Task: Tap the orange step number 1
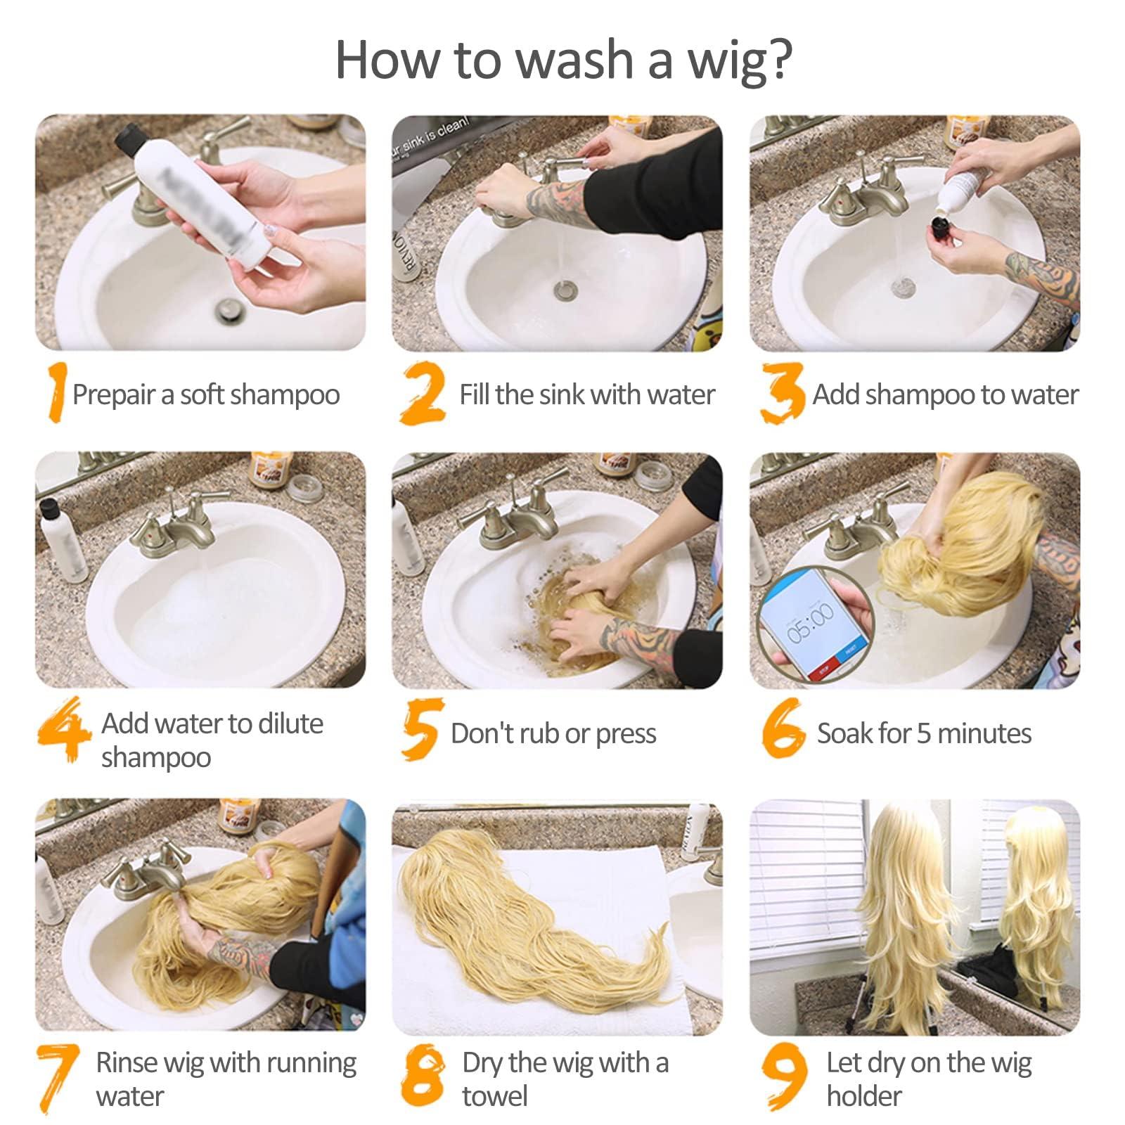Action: tap(56, 392)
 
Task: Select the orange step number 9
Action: tap(784, 1075)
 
